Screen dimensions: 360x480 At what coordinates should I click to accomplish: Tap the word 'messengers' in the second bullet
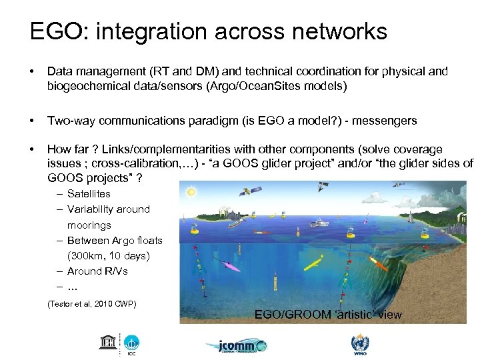click(x=383, y=121)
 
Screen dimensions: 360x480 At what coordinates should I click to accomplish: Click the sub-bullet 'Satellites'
click(x=89, y=194)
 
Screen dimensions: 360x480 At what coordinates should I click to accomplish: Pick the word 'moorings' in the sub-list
click(x=89, y=225)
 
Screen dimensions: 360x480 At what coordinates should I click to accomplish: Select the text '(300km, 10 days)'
click(x=108, y=256)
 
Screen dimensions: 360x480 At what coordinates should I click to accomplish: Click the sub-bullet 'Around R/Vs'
click(x=97, y=271)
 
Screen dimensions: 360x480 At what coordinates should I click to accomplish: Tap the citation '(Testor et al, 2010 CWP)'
click(x=91, y=304)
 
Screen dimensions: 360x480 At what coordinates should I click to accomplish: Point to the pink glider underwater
click(x=233, y=267)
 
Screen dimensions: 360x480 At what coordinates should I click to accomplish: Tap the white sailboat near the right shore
click(x=411, y=217)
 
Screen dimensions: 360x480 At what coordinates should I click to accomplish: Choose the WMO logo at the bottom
click(x=359, y=344)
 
